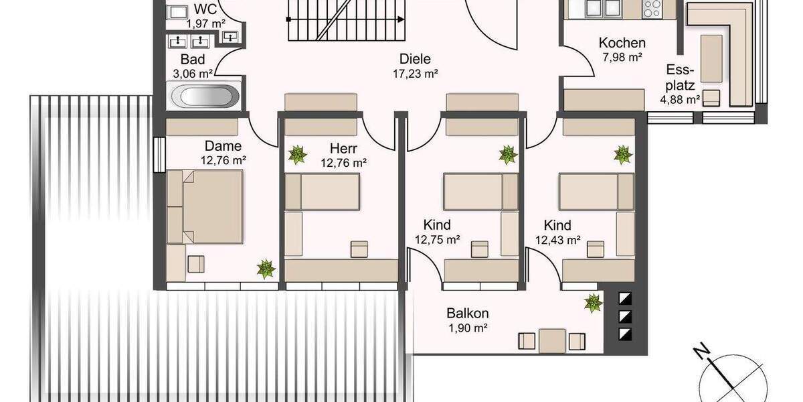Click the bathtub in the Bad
point(205,96)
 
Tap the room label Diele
point(416,59)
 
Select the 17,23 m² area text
point(416,74)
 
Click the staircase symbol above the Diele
point(346,20)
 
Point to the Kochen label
point(622,43)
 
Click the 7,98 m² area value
point(622,58)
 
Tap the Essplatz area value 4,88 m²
point(680,100)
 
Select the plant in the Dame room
point(266,269)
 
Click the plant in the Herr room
point(297,155)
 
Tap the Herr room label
point(343,147)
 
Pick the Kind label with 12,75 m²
point(437,224)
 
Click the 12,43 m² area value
point(557,239)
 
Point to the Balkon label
point(468,313)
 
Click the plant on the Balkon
point(593,303)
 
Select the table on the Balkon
point(553,340)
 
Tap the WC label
point(205,9)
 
